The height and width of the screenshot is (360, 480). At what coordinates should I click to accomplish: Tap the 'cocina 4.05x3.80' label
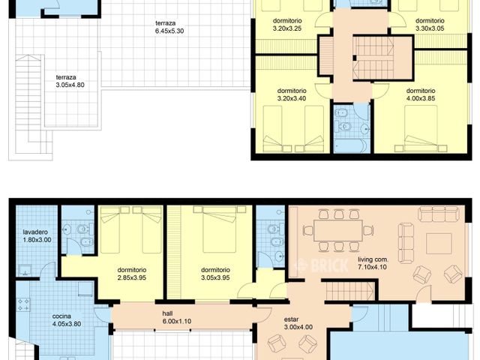67,320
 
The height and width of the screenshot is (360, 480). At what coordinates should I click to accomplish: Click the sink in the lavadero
25,272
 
